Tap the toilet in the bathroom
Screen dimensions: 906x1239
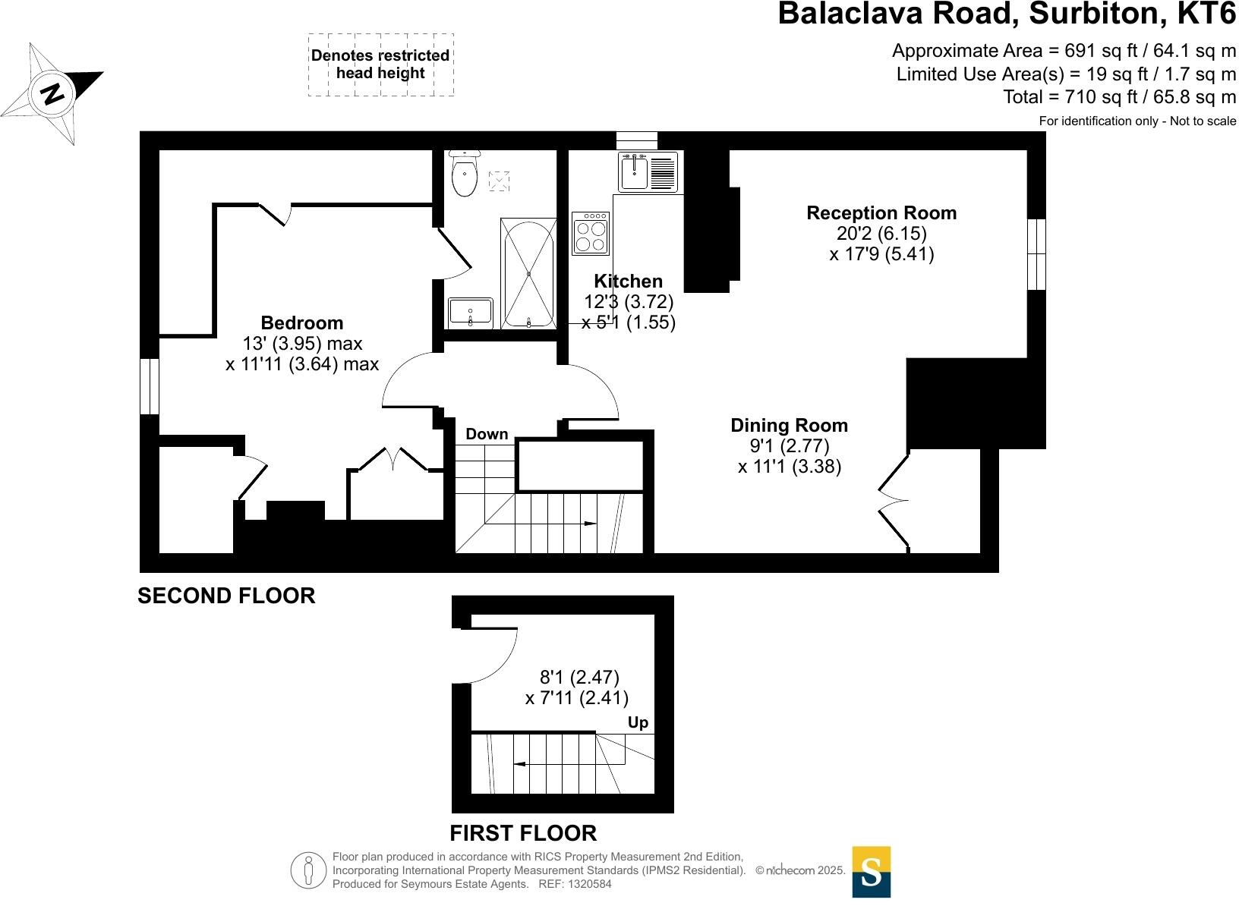click(464, 175)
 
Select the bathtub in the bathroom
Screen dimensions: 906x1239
click(528, 273)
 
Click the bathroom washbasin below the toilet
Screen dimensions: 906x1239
click(471, 313)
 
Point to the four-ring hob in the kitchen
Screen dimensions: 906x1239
click(591, 234)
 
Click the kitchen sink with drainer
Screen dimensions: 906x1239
click(648, 172)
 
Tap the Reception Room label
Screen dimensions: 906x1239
click(881, 213)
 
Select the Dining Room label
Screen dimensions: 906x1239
click(789, 425)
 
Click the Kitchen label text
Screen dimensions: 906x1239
click(628, 281)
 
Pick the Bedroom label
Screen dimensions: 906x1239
click(301, 322)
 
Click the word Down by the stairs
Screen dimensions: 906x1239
click(487, 434)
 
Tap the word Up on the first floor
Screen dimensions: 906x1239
click(638, 722)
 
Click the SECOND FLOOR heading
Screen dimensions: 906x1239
click(226, 596)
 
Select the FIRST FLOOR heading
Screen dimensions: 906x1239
click(523, 833)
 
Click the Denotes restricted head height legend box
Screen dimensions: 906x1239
click(380, 64)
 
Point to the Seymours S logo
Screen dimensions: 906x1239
click(871, 872)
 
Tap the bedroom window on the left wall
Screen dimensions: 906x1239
click(150, 386)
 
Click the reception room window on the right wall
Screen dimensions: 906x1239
click(1036, 254)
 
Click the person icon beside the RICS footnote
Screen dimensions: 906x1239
click(307, 871)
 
